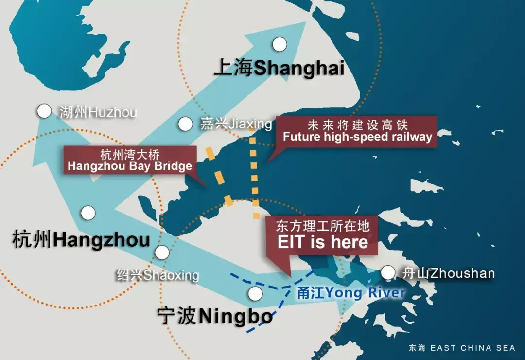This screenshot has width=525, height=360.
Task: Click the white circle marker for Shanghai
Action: click(x=280, y=45)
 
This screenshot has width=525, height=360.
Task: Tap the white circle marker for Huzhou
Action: click(x=44, y=111)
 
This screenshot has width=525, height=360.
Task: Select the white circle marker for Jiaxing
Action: click(x=185, y=125)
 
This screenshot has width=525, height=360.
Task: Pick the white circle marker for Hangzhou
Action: click(x=88, y=213)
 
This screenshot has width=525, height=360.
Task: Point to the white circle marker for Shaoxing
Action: click(x=162, y=252)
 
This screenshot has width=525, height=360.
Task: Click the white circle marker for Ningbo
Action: click(x=255, y=294)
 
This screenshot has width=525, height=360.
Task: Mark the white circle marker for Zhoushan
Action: click(x=387, y=273)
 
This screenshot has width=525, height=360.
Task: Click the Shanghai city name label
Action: click(x=279, y=68)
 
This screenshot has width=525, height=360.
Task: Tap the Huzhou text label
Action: click(x=98, y=112)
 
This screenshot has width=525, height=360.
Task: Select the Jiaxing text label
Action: click(x=236, y=124)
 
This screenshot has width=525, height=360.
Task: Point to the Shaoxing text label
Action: click(x=157, y=275)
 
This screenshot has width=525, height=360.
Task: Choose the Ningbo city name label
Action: click(x=215, y=317)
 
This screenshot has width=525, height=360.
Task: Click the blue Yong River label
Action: click(x=351, y=293)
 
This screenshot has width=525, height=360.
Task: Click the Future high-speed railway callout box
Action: click(x=357, y=131)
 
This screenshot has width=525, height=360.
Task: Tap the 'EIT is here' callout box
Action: click(x=322, y=235)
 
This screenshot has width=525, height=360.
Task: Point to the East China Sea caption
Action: click(x=461, y=348)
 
